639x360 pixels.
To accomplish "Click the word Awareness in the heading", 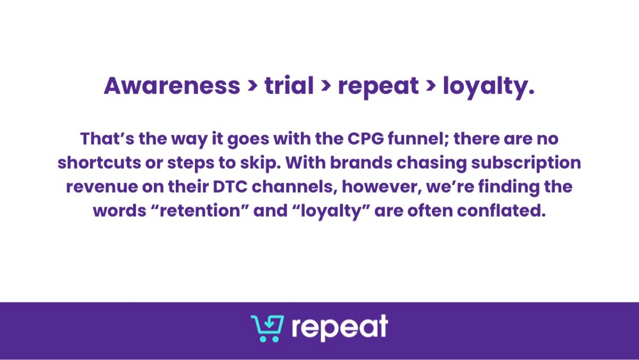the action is [172, 86].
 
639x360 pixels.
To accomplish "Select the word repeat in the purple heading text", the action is [378, 87].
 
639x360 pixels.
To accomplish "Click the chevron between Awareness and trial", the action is [252, 86].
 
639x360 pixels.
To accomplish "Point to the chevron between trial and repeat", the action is [326, 86].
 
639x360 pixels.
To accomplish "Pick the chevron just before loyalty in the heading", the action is [431, 86].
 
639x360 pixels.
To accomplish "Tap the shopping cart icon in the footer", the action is [267, 328].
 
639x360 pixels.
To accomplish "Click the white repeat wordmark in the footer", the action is [340, 328].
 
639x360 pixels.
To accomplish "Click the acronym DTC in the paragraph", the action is [230, 187].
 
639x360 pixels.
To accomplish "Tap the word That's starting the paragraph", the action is [107, 139].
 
